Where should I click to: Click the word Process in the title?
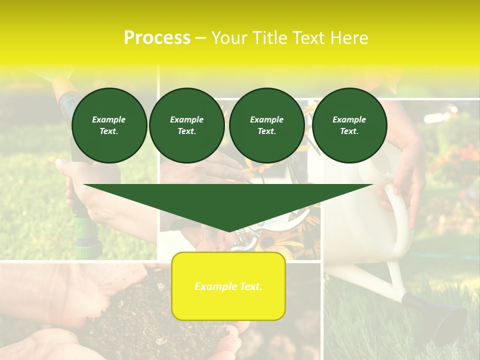pyautogui.click(x=157, y=38)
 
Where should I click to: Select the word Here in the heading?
pyautogui.click(x=348, y=38)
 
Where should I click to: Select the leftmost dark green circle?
pyautogui.click(x=109, y=125)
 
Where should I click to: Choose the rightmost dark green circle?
pyautogui.click(x=349, y=125)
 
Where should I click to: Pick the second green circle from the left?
pyautogui.click(x=186, y=125)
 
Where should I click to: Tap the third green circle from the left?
pyautogui.click(x=266, y=125)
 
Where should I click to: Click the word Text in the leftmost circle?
pyautogui.click(x=109, y=131)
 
